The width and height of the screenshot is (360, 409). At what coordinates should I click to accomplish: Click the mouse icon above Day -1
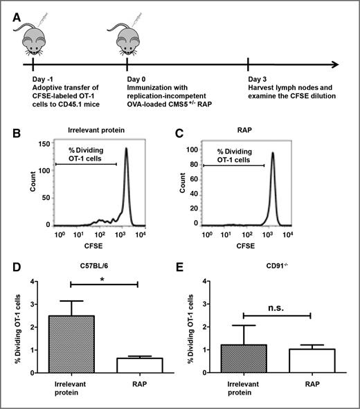(x=33, y=38)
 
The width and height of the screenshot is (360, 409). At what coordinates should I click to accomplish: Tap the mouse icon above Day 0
(x=127, y=38)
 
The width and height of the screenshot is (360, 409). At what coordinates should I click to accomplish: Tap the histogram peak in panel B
(x=127, y=149)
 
